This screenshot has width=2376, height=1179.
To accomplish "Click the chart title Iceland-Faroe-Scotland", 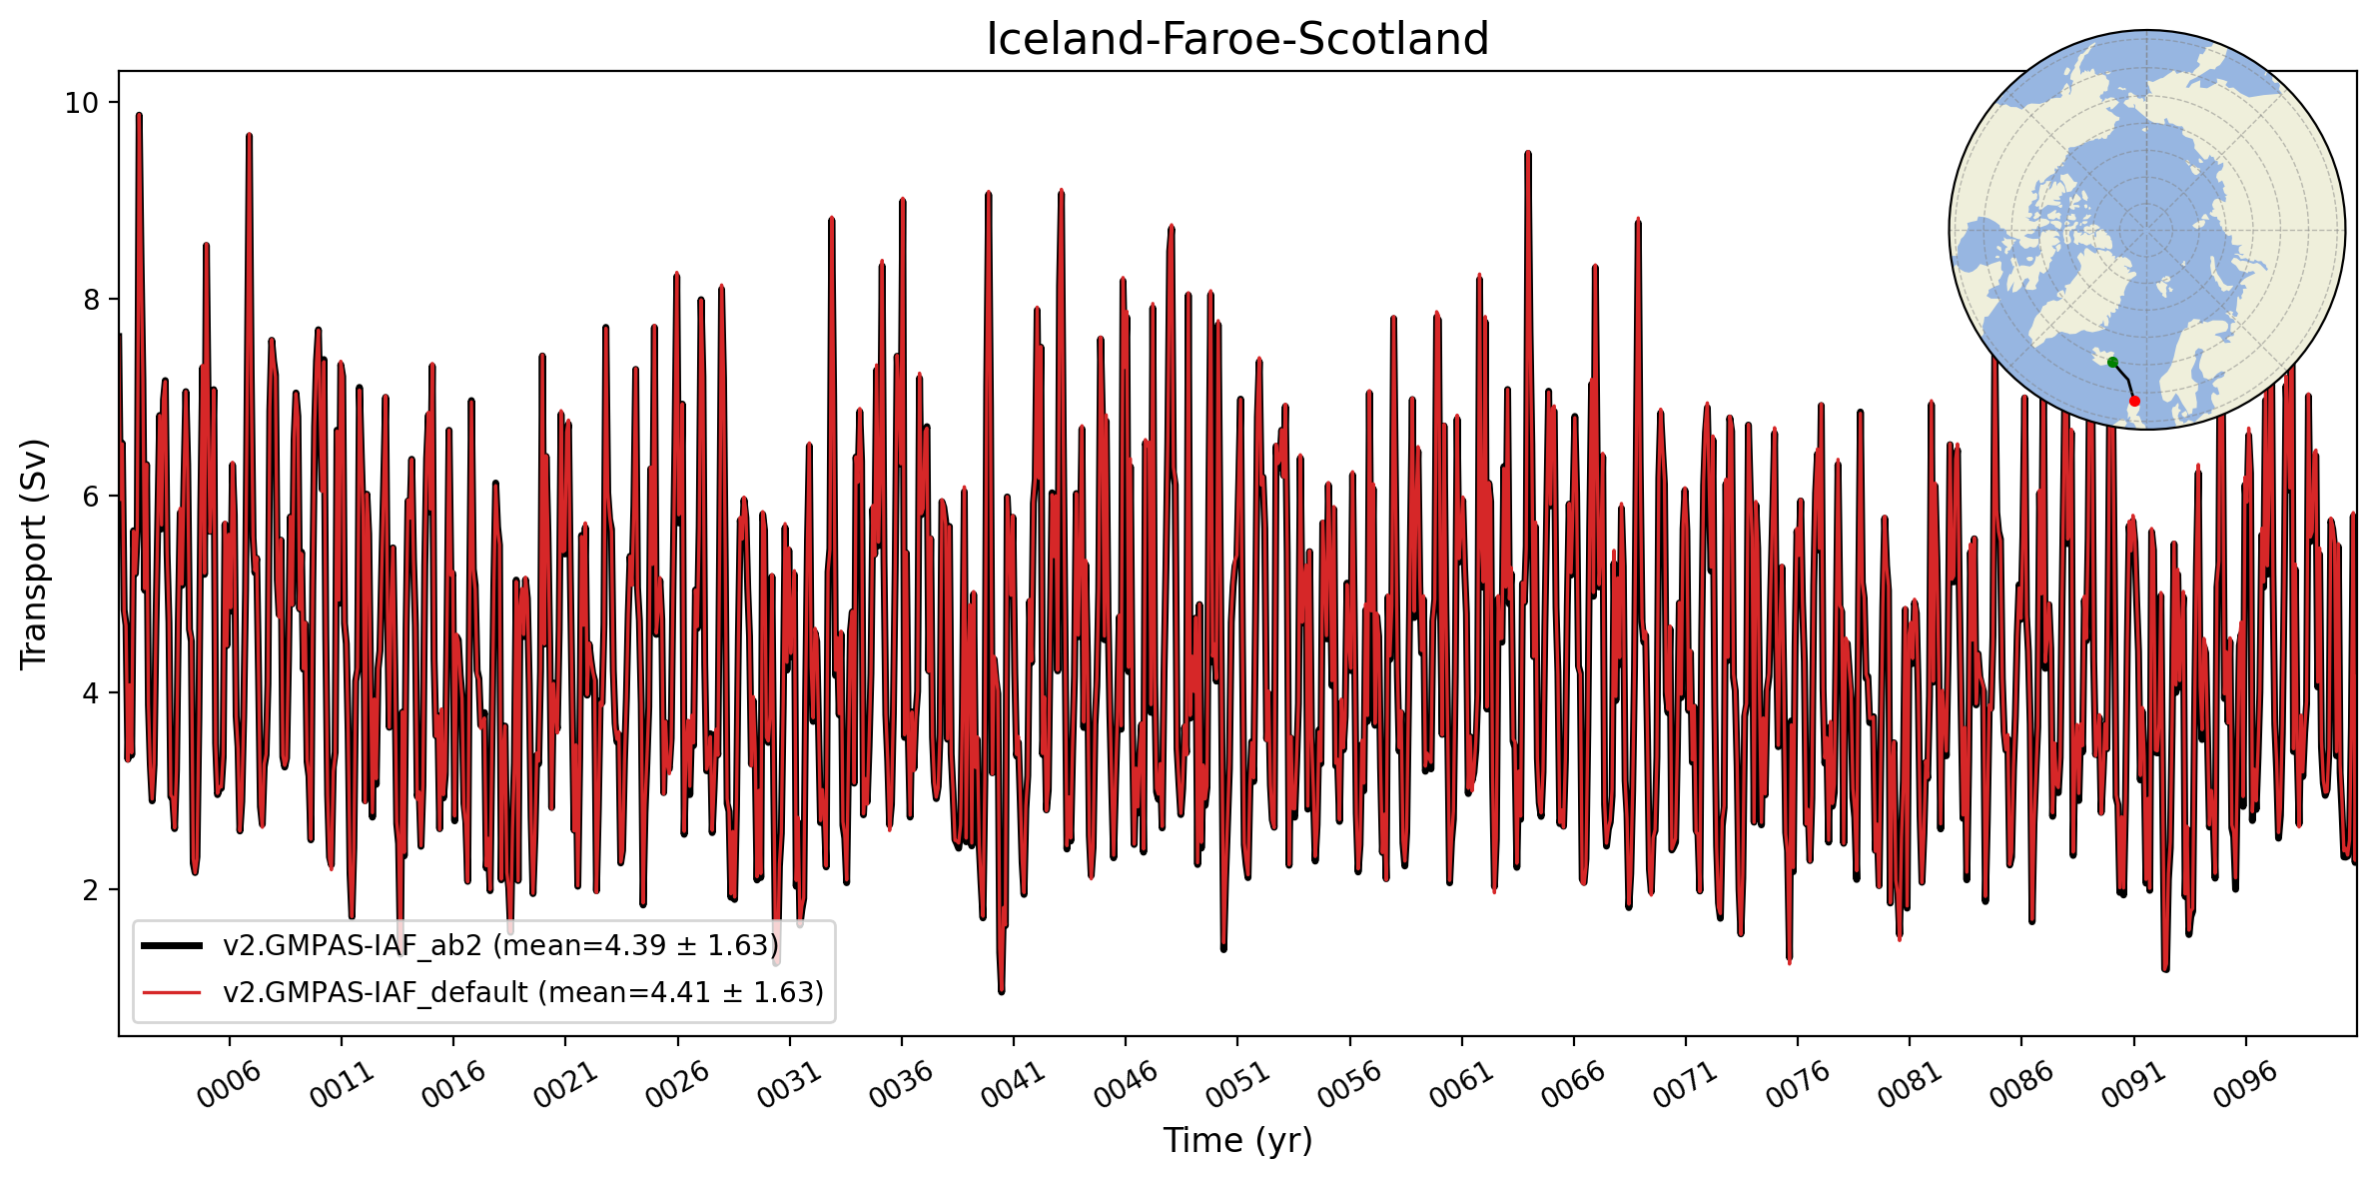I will (x=1236, y=40).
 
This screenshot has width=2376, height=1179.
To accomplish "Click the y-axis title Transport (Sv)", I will (x=34, y=554).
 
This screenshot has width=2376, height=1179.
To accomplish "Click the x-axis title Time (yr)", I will (x=1237, y=1140).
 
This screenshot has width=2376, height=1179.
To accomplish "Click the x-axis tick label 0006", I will (x=229, y=1084).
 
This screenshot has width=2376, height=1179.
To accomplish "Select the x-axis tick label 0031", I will (x=789, y=1084).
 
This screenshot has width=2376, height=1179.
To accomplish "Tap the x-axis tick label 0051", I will (x=1237, y=1084).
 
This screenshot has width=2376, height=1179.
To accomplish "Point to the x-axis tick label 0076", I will (x=1798, y=1084).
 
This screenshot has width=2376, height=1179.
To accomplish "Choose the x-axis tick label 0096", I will (x=2245, y=1084).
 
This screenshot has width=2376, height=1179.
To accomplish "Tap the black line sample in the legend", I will (x=172, y=945).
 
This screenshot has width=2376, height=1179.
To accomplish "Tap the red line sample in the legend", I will (x=172, y=992).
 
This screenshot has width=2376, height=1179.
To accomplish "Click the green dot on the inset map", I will (x=2112, y=362).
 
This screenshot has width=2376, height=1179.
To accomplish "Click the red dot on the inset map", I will (x=2134, y=401).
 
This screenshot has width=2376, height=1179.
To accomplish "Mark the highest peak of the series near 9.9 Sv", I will (x=139, y=115).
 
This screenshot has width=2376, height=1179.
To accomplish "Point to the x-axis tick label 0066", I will (x=1573, y=1084).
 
